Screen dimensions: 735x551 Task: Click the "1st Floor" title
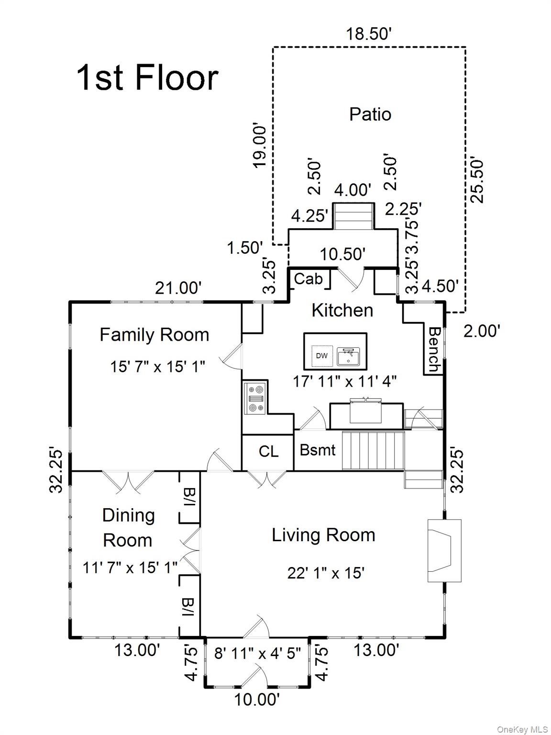click(147, 78)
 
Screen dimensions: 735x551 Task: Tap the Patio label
click(370, 114)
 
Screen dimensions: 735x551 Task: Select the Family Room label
click(154, 334)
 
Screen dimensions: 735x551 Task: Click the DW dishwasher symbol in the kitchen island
click(322, 356)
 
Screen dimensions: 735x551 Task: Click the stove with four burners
click(255, 398)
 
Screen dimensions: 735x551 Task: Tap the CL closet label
click(268, 451)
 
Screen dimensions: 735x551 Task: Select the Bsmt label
click(318, 450)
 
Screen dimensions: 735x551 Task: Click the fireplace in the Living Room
click(443, 551)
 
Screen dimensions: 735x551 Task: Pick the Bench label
click(434, 349)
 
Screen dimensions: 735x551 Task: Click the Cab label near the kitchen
click(308, 278)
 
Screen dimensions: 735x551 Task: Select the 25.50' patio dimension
click(477, 180)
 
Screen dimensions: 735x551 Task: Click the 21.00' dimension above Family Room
click(178, 288)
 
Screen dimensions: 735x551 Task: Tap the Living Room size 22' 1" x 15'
click(326, 573)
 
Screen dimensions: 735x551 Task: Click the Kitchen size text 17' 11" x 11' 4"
click(344, 381)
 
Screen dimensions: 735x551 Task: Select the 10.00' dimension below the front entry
click(256, 700)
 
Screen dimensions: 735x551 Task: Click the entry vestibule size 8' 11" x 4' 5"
click(257, 653)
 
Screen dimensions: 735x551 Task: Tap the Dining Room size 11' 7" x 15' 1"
click(130, 568)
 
